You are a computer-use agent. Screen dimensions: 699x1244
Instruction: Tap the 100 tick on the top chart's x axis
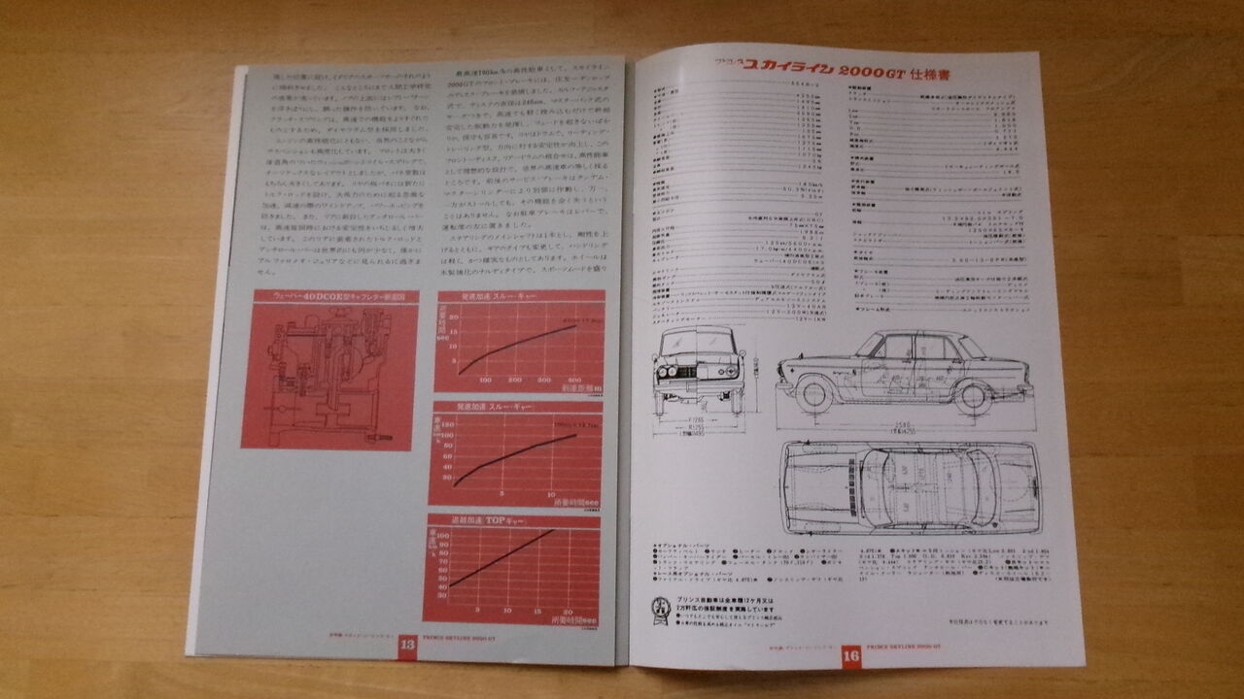tap(486, 380)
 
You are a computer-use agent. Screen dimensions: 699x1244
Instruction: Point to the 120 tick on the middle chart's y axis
tap(448, 424)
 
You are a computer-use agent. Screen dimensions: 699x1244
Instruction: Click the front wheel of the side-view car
tap(813, 392)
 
